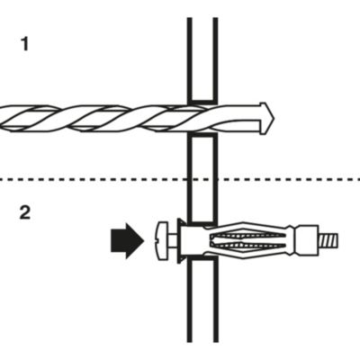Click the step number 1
click(x=25, y=44)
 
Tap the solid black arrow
click(x=127, y=240)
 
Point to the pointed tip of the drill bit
click(x=274, y=118)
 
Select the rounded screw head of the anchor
click(x=163, y=241)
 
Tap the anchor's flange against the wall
click(x=181, y=241)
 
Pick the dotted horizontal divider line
click(x=180, y=180)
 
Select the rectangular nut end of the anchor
click(x=307, y=241)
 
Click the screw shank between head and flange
click(x=173, y=241)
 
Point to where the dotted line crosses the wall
click(x=202, y=180)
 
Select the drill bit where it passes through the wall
click(x=202, y=118)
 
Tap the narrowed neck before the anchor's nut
click(x=292, y=241)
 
